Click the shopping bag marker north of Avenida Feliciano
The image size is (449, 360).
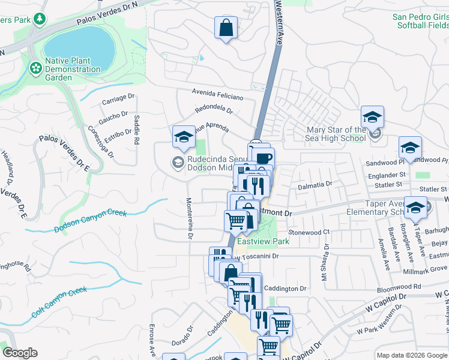pos(226,28)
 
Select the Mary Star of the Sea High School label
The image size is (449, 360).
pos(336,134)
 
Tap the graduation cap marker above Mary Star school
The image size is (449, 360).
pos(372,116)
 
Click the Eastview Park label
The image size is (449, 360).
pos(263,242)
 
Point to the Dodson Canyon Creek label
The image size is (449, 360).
pos(91,221)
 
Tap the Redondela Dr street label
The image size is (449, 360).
pos(214,110)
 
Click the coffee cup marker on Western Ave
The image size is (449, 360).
pos(263,158)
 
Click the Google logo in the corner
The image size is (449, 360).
pos(20,353)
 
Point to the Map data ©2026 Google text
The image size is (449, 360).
pos(412,355)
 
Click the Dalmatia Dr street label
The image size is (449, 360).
pos(315,186)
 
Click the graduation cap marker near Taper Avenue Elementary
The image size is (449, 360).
pos(415,208)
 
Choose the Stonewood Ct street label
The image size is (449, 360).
pos(309,232)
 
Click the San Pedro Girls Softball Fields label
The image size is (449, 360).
pos(420,22)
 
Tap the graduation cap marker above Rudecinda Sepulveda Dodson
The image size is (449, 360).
pos(183,137)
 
